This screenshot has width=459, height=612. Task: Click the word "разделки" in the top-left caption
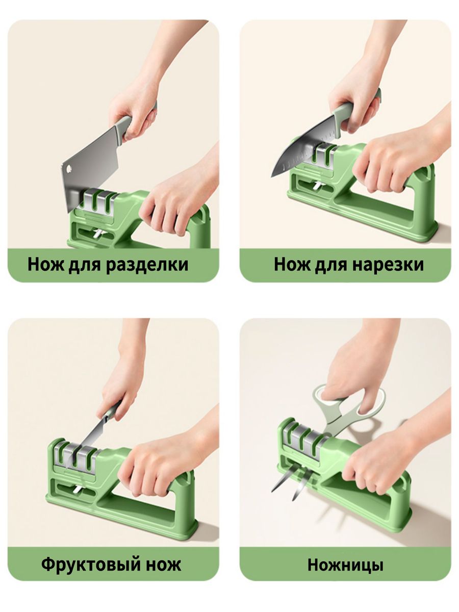[147, 265]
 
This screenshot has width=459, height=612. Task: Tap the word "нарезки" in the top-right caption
[388, 264]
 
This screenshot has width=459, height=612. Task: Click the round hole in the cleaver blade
[69, 168]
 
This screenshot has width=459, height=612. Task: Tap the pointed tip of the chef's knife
[272, 176]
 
